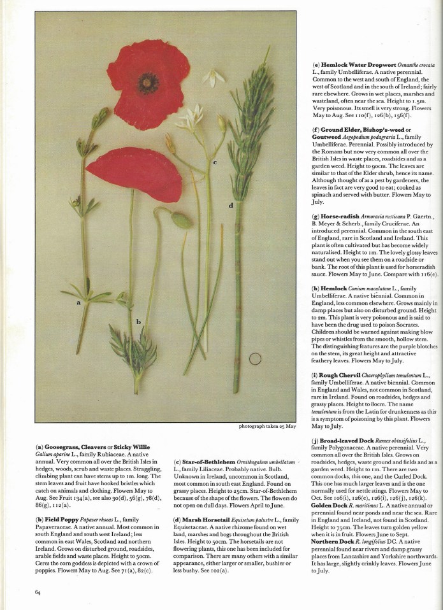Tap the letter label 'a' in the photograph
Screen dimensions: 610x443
(78, 303)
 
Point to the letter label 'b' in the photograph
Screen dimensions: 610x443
(138, 322)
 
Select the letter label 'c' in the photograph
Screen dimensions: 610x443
(215, 162)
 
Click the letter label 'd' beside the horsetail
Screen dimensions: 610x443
(231, 205)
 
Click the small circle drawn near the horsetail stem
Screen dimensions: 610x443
(255, 359)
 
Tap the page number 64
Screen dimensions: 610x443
(38, 592)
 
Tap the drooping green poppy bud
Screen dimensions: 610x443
(181, 220)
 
